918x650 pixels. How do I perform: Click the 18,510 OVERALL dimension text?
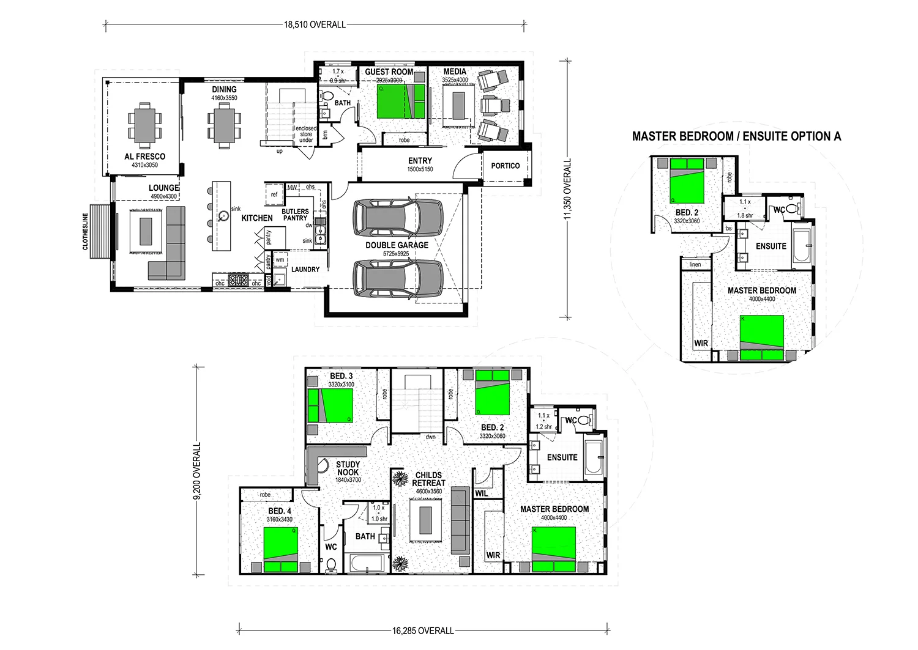[315, 24]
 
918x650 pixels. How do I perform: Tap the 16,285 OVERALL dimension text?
[423, 630]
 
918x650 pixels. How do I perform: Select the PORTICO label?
[505, 166]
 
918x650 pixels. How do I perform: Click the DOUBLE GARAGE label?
[397, 245]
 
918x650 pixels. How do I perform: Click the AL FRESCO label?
[144, 157]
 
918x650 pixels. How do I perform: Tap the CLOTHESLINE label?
[86, 232]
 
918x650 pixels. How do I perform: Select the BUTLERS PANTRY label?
[295, 215]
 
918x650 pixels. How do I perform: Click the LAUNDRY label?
[305, 270]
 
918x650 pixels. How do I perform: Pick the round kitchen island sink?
[224, 215]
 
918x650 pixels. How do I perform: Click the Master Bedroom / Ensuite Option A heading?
[736, 136]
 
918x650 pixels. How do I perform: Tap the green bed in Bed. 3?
[334, 405]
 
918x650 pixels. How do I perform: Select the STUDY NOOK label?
[348, 468]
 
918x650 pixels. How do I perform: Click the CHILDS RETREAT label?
[428, 479]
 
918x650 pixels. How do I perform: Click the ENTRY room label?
[420, 161]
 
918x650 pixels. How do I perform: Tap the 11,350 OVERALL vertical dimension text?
[567, 189]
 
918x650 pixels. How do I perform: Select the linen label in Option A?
[695, 265]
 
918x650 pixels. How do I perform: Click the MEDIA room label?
[455, 72]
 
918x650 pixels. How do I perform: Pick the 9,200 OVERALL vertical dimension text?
[197, 471]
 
